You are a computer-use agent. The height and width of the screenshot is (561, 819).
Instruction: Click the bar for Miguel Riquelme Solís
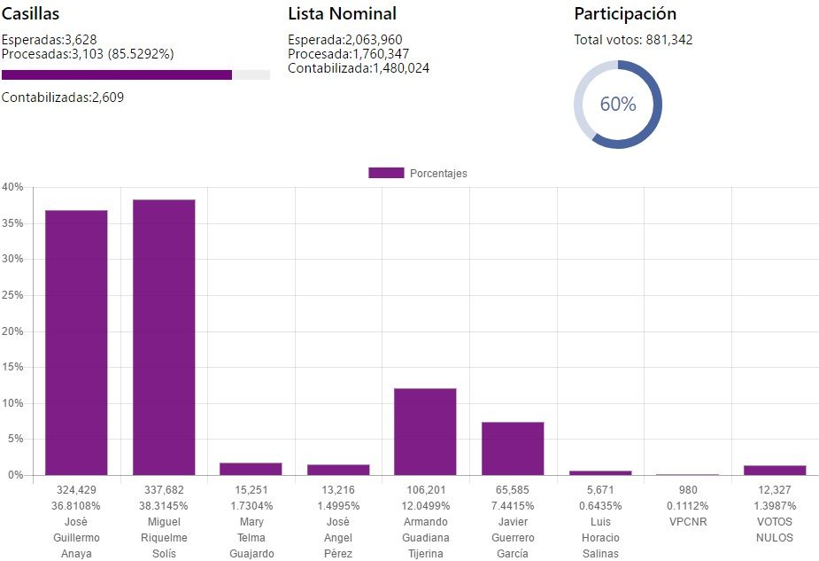click(x=164, y=337)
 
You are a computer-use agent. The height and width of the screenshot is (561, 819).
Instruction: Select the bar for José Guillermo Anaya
click(x=76, y=342)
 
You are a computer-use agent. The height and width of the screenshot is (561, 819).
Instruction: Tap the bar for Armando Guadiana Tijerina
click(x=425, y=432)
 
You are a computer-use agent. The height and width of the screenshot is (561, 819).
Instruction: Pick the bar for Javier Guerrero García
click(x=513, y=448)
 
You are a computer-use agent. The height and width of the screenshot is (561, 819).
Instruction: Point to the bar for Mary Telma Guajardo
click(x=251, y=469)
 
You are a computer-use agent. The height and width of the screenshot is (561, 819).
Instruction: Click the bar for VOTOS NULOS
click(x=775, y=471)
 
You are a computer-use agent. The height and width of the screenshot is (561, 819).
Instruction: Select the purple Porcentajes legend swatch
click(x=386, y=173)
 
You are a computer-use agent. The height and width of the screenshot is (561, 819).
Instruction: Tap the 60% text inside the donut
click(x=618, y=104)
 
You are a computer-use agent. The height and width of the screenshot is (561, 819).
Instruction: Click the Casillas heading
click(x=31, y=13)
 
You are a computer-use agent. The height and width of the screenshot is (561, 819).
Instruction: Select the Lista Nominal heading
click(x=342, y=13)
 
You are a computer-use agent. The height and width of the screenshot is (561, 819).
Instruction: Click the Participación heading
click(x=625, y=13)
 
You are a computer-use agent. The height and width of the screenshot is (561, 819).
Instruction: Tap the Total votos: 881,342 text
click(x=633, y=40)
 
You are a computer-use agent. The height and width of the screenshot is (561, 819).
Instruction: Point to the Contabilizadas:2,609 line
click(x=63, y=97)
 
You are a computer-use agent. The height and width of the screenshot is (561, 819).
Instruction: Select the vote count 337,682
click(x=164, y=489)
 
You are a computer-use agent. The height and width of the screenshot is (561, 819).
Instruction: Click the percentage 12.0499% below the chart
click(x=425, y=505)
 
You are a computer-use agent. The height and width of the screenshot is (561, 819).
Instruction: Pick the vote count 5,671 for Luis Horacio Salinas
click(x=600, y=489)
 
